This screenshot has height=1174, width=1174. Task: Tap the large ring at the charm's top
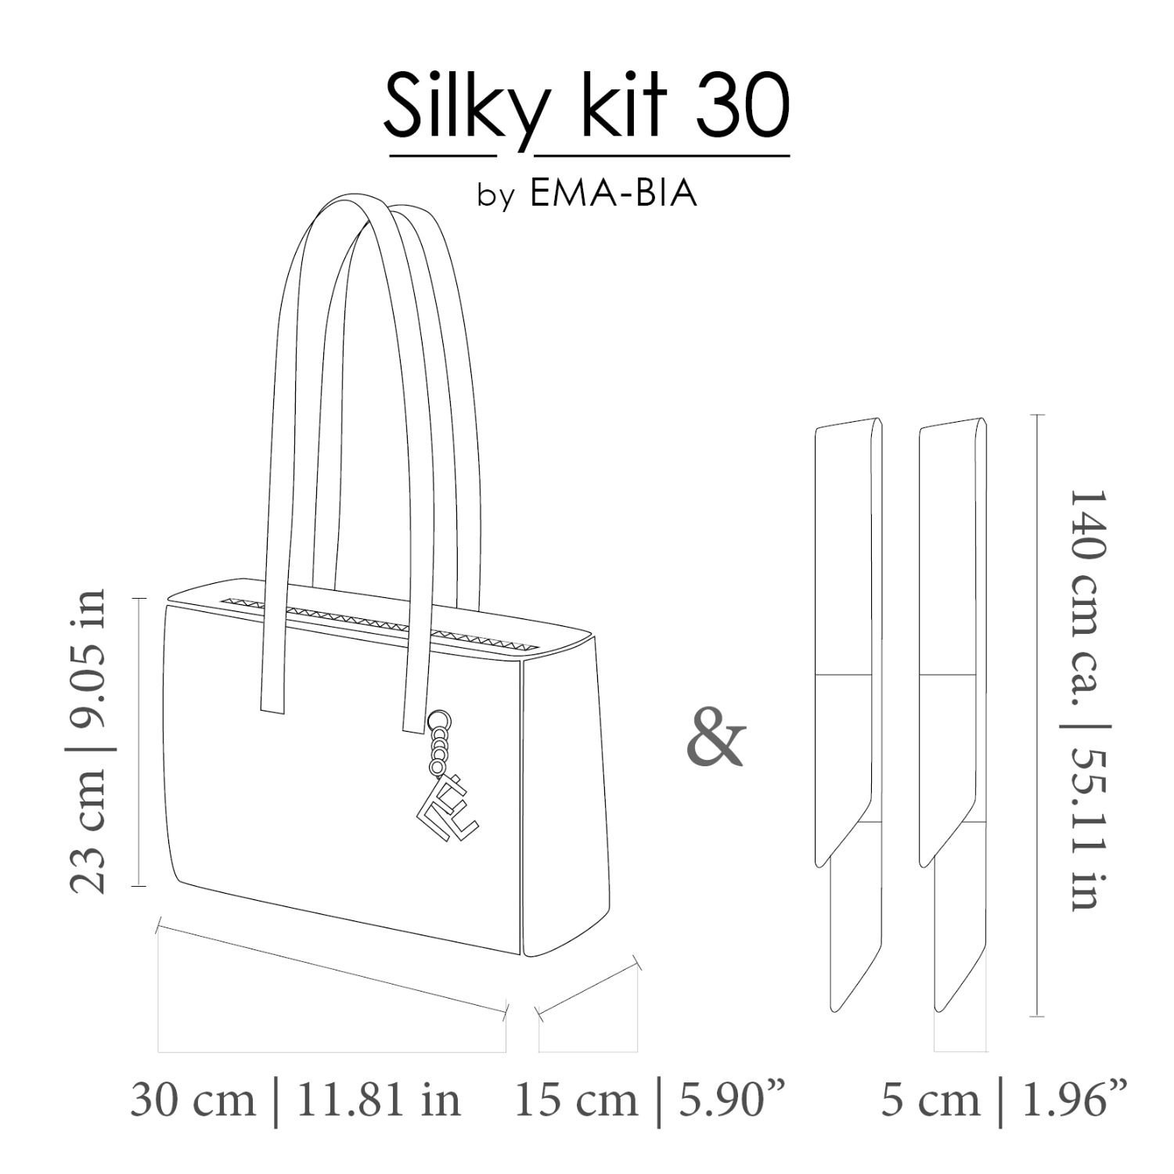(x=439, y=719)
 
